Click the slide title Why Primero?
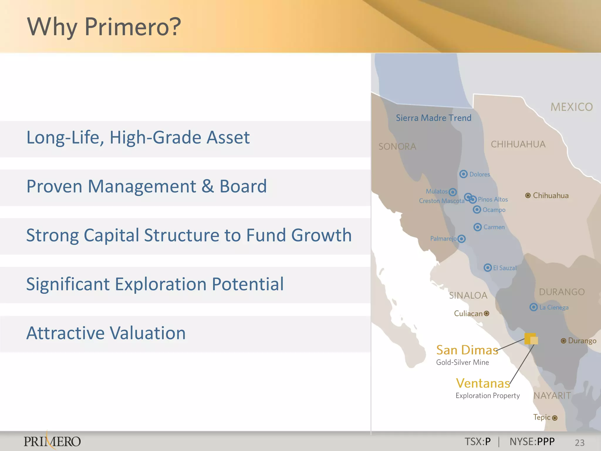coord(104,27)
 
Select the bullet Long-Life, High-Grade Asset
coord(138,137)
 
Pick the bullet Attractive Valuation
coord(106,333)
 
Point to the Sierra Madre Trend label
coord(433,118)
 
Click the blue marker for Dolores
coord(463,174)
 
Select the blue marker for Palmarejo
coord(461,239)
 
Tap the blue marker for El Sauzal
coord(487,267)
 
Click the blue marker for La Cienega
coord(533,307)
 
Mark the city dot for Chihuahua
coord(528,196)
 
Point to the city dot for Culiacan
coord(487,313)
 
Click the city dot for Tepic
coord(554,418)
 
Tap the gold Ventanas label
coord(483,383)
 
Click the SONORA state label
coord(397,147)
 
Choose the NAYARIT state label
coord(552,396)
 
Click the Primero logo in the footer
coord(52,441)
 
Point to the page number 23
coord(580,442)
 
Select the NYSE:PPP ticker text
coord(532,442)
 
